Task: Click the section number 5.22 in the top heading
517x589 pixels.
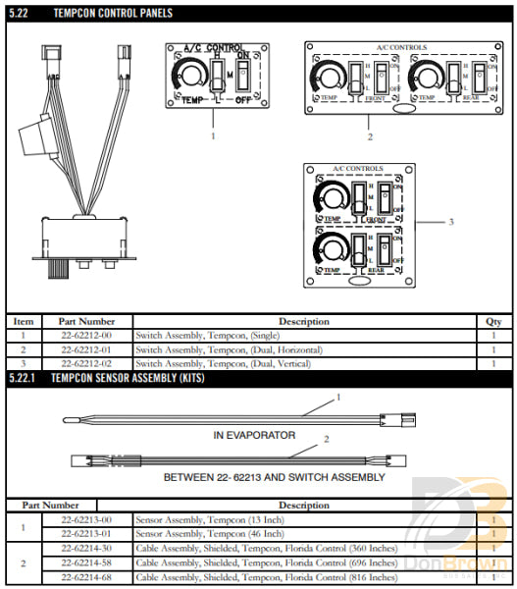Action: click(20, 13)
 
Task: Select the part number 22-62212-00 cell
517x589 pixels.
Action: click(86, 336)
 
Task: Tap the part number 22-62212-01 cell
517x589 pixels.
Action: click(86, 349)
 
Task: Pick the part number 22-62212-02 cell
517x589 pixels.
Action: click(86, 363)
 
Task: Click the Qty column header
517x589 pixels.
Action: click(493, 321)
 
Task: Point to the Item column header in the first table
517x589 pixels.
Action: click(24, 321)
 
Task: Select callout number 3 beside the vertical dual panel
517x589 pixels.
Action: click(450, 222)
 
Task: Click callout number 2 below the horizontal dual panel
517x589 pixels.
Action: click(369, 135)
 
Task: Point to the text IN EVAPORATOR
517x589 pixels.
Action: click(254, 434)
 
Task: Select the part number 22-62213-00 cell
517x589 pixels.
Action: click(86, 519)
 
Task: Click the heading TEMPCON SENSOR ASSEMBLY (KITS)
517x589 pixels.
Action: click(128, 378)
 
